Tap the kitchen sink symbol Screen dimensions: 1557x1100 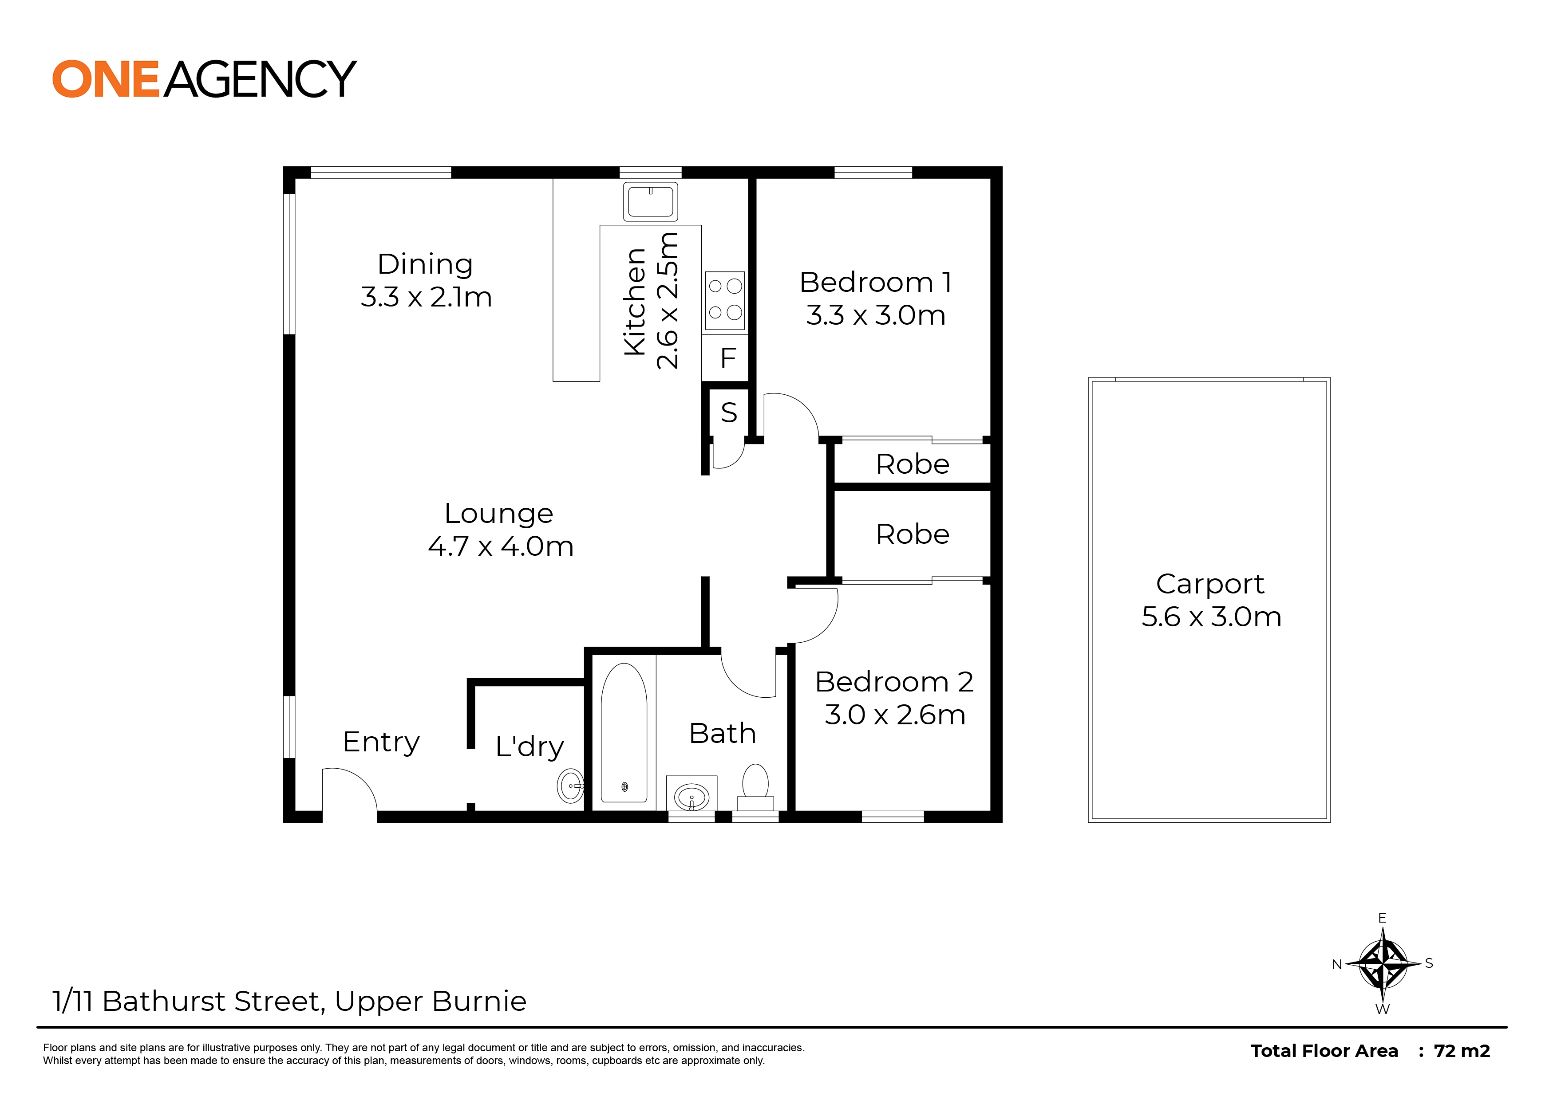[650, 201]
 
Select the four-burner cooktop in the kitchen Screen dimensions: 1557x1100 [725, 300]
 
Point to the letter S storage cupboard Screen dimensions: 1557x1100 [729, 412]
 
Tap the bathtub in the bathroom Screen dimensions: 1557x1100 [624, 733]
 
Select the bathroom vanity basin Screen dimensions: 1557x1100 [692, 796]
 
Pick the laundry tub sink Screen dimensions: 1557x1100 [571, 786]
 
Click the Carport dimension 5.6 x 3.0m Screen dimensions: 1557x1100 [1211, 617]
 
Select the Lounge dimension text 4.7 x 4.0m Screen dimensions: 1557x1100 [501, 546]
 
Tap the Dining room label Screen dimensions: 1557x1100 [425, 264]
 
